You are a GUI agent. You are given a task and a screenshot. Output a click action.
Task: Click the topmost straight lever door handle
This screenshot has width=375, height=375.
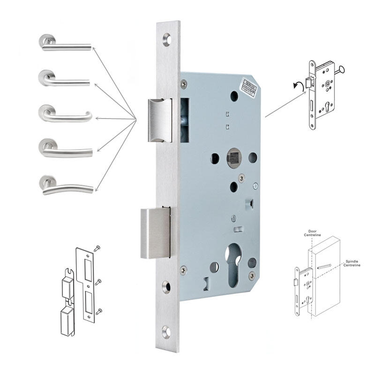pyautogui.click(x=66, y=45)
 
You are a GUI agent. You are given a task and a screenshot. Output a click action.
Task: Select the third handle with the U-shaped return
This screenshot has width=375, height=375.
pyautogui.click(x=66, y=115)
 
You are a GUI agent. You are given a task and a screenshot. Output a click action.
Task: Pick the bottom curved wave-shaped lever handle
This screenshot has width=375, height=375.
pyautogui.click(x=66, y=187)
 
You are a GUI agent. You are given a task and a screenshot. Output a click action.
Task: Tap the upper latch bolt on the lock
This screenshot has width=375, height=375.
pyautogui.click(x=160, y=120)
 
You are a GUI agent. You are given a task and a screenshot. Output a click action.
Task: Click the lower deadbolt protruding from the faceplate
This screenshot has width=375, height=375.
pyautogui.click(x=155, y=233)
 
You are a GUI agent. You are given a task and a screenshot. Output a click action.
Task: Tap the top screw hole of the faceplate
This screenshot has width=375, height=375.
pyautogui.click(x=167, y=39)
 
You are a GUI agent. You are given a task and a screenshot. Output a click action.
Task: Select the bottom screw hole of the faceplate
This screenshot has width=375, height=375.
pyautogui.click(x=166, y=332)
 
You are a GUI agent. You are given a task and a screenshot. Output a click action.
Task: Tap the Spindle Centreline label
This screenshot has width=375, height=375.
pyautogui.click(x=352, y=263)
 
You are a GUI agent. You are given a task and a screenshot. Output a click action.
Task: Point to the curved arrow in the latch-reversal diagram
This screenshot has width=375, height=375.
pyautogui.click(x=295, y=84)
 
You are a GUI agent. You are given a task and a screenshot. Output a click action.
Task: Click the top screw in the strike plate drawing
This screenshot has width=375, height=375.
pyautogui.click(x=97, y=249)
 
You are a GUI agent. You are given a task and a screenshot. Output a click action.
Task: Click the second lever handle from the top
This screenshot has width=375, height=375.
pyautogui.click(x=66, y=80)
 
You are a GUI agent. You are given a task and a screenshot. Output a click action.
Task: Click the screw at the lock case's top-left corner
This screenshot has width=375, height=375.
pyautogui.click(x=183, y=83)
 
